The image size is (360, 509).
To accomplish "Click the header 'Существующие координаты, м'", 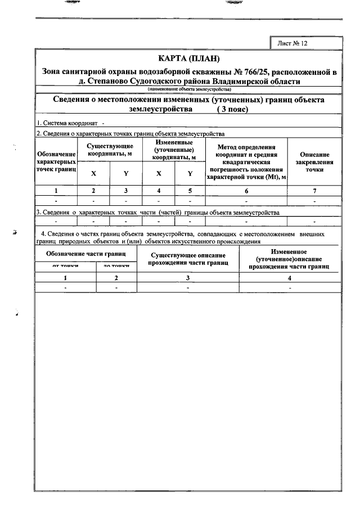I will [x=110, y=150].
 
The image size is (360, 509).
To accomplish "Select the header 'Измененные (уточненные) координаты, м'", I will [x=174, y=150].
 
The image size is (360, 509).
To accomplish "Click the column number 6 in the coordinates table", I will [x=246, y=191].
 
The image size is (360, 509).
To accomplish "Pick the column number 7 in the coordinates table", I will [x=315, y=191].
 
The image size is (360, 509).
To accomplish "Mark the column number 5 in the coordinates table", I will [x=190, y=191].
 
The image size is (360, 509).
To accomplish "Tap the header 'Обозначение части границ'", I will [x=85, y=254].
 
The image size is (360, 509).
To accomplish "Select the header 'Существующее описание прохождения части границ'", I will [x=188, y=259].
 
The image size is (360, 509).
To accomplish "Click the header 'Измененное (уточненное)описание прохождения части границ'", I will [x=290, y=259].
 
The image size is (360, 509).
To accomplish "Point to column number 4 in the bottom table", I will [x=290, y=278].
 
